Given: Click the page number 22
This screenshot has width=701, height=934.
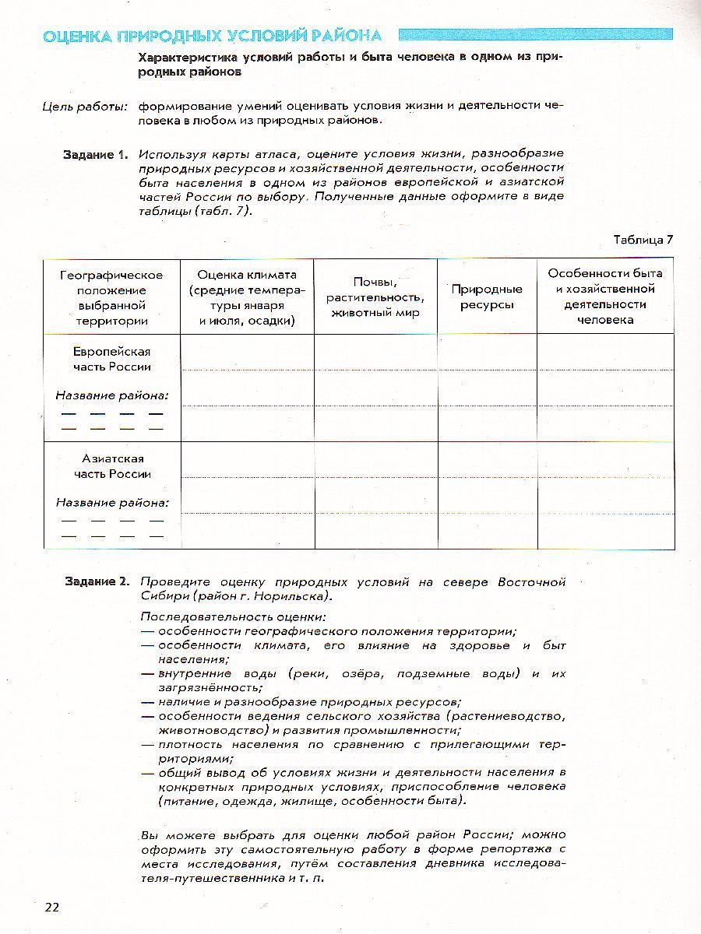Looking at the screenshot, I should tap(52, 907).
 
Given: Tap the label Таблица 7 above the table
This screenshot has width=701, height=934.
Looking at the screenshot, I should tap(643, 239).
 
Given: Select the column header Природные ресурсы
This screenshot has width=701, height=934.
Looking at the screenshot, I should tap(487, 297).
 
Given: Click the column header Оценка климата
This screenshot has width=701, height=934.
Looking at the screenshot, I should tap(247, 297).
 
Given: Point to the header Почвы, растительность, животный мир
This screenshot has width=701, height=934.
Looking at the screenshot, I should tap(375, 297).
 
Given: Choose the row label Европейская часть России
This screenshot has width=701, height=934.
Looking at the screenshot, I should tap(112, 360).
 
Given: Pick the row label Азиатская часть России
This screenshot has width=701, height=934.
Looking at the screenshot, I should tap(112, 466).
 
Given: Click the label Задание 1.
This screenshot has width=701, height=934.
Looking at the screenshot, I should tap(95, 155).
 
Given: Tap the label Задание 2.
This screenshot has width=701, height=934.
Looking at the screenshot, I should tap(95, 582).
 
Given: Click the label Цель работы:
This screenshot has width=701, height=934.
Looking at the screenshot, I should tap(85, 106).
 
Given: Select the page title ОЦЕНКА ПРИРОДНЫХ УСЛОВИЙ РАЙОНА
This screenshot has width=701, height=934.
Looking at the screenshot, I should tap(212, 36).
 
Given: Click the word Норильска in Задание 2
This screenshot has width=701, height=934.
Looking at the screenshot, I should tap(291, 596).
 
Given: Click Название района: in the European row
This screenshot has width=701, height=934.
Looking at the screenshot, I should tap(112, 395).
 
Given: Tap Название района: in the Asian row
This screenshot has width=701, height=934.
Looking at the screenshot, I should tap(112, 503).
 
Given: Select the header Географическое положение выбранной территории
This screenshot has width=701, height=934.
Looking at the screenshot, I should tap(112, 297).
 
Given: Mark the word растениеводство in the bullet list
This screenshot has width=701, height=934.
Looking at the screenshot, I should tap(506, 716).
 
